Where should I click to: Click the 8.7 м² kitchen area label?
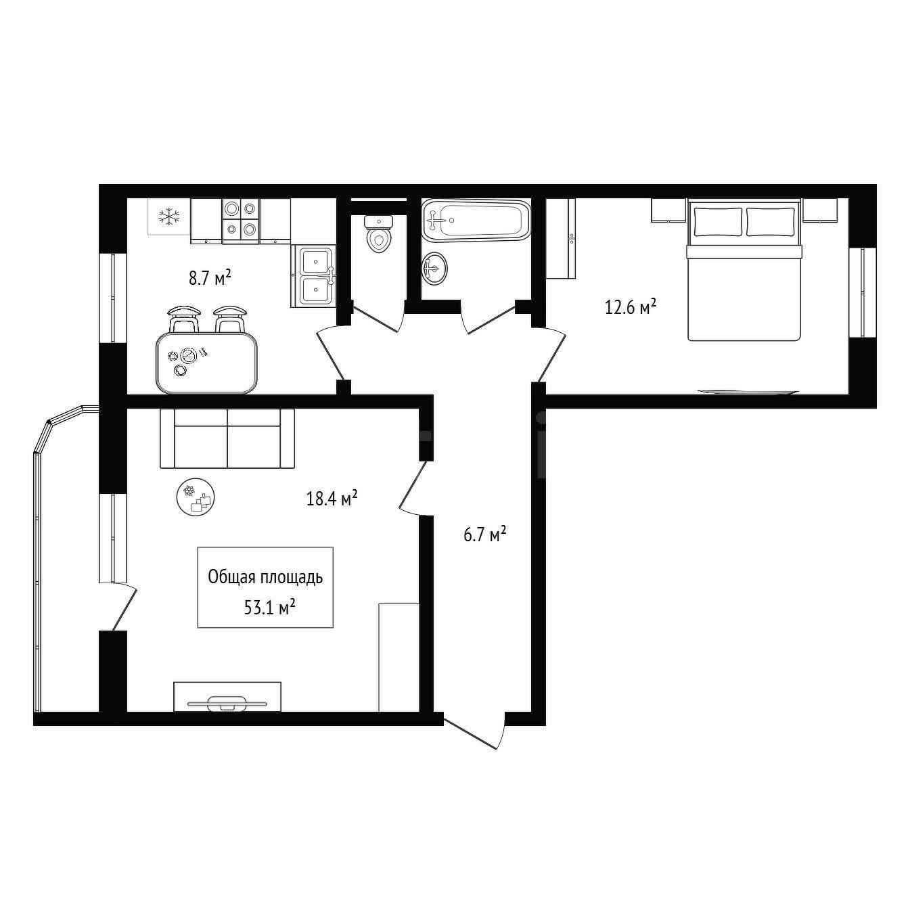pos(210,277)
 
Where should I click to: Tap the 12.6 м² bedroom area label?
pos(631,307)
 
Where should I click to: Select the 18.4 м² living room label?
pos(332,498)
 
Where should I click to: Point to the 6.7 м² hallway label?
pos(485,535)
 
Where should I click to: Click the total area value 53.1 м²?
pos(270,608)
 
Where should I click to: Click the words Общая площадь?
pos(265,577)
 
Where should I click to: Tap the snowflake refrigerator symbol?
pos(169,217)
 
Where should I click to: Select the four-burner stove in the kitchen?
pos(241,219)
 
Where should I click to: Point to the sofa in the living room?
pos(227,438)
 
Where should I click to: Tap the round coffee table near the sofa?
pos(196,497)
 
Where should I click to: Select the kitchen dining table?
pos(207,362)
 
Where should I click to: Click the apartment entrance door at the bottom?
pos(474,731)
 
